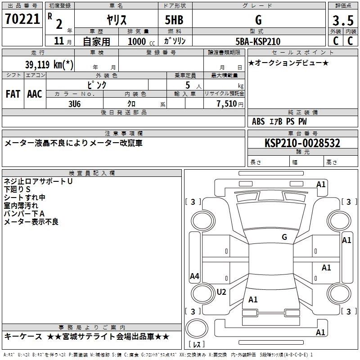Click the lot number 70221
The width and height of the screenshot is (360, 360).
[22, 19]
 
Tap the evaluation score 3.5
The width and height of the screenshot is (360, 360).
[342, 21]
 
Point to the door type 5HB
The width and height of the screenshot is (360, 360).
[175, 20]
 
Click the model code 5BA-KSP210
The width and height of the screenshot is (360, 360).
[258, 41]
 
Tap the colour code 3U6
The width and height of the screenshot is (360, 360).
[74, 103]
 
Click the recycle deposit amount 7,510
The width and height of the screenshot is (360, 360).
[226, 104]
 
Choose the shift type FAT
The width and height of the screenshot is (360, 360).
[13, 94]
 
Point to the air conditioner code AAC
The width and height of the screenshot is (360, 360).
[35, 94]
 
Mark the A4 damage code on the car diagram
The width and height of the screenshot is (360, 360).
[194, 276]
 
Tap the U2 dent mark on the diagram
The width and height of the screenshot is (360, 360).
[221, 292]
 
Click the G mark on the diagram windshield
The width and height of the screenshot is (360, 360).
[284, 237]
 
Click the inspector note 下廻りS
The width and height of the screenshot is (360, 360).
[17, 189]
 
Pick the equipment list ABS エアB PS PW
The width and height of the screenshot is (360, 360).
[279, 121]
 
